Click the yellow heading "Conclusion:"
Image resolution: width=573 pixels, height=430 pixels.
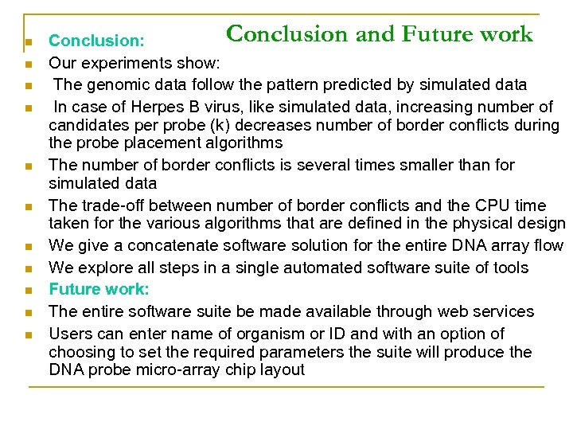pos(96,41)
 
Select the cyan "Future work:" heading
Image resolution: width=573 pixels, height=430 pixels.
pos(99,289)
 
